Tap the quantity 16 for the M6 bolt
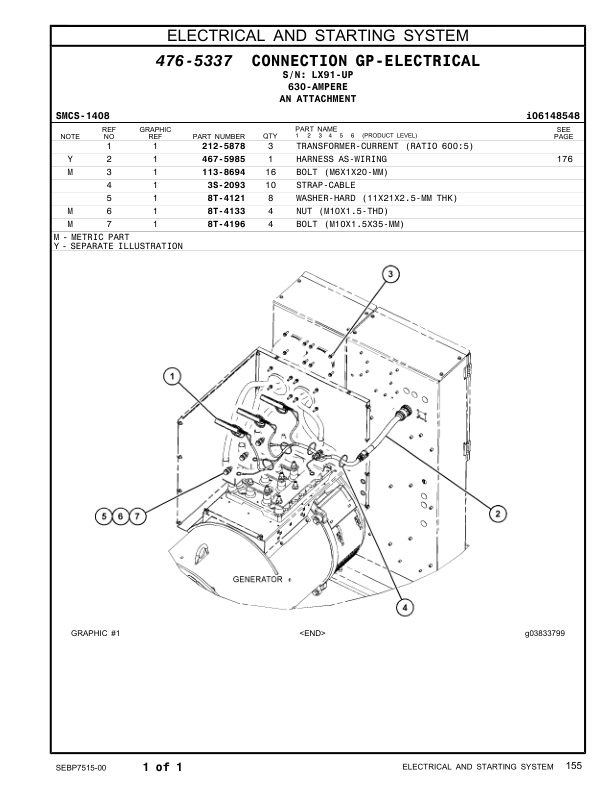[270, 172]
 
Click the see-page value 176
[563, 159]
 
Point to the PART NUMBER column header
[218, 136]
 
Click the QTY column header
[269, 136]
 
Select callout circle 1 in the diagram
[173, 377]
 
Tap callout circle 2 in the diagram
[496, 514]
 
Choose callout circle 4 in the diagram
[404, 606]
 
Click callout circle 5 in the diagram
[103, 516]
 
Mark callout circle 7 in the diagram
[137, 516]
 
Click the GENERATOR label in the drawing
[257, 579]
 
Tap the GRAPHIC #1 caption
[96, 633]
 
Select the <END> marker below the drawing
[312, 633]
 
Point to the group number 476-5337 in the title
[194, 62]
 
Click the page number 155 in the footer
[572, 766]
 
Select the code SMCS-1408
[81, 116]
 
